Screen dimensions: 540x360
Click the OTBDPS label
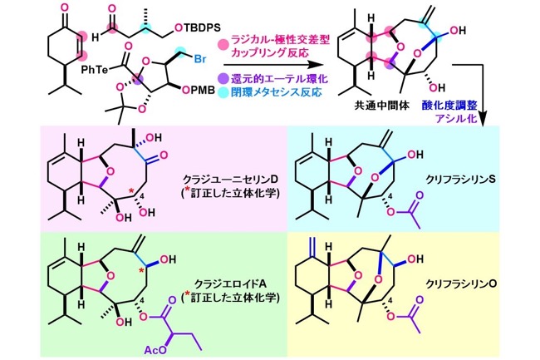198,27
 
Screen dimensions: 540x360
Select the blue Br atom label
200,59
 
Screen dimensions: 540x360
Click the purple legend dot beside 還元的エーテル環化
224,79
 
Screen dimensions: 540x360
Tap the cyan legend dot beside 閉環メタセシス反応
224,92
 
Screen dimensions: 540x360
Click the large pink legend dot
224,45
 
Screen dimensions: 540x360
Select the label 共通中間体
382,106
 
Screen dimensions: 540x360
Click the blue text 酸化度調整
449,106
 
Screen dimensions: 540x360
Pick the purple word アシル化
456,118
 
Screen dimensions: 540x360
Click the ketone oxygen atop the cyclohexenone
66,7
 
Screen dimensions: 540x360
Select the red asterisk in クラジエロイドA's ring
141,270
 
